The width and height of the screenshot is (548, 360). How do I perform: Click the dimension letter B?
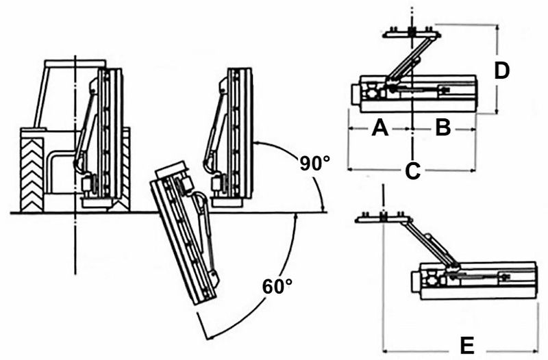tap(443, 127)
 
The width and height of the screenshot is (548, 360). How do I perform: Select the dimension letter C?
tap(412, 171)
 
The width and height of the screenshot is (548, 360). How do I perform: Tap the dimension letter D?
tap(502, 70)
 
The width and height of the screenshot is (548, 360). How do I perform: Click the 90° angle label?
tap(314, 164)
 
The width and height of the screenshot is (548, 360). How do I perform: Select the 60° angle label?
tap(277, 285)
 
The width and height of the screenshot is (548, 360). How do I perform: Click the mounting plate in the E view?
tap(384, 218)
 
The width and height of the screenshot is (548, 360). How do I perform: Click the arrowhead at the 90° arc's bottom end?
tap(321, 207)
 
